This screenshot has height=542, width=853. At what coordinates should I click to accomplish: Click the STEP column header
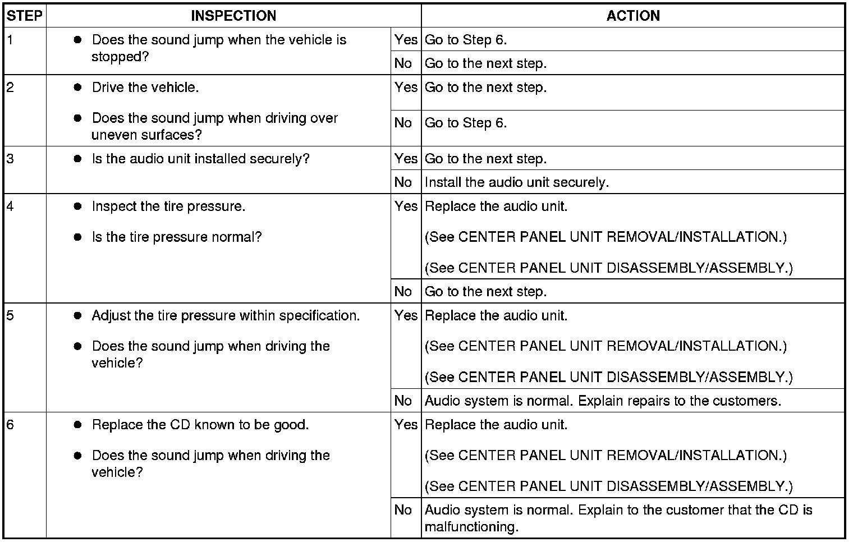(x=25, y=16)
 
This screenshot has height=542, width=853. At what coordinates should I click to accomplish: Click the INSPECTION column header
(x=233, y=16)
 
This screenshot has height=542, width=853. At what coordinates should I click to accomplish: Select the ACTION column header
(x=633, y=16)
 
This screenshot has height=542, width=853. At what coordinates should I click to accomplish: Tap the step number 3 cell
(x=11, y=159)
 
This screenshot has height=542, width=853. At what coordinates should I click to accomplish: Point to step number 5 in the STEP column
(x=11, y=315)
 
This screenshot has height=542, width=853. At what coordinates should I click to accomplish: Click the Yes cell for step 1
(x=406, y=40)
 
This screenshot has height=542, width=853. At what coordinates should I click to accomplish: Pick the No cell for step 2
(x=403, y=123)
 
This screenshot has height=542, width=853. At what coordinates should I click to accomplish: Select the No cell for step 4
(x=403, y=292)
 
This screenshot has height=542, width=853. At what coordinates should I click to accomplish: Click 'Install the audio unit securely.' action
(x=516, y=182)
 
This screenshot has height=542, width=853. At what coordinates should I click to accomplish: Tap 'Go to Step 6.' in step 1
(x=466, y=40)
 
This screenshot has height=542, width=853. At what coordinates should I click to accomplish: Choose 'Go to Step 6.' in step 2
(x=466, y=123)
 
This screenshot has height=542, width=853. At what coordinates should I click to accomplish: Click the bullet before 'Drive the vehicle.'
(x=78, y=88)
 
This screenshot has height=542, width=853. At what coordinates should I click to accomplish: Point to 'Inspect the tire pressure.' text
(x=168, y=206)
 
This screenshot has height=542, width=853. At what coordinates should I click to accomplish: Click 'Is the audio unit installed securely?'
(x=200, y=159)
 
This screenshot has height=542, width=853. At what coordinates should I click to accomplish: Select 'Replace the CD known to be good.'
(x=200, y=425)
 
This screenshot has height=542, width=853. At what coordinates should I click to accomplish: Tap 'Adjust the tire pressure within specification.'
(x=226, y=315)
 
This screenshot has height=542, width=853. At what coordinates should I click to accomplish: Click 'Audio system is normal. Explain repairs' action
(x=603, y=401)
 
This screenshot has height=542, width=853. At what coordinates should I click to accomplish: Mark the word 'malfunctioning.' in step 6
(x=471, y=527)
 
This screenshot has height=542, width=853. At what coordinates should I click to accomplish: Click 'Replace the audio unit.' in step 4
(x=496, y=206)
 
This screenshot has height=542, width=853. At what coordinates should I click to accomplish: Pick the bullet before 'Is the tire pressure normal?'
(x=78, y=237)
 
